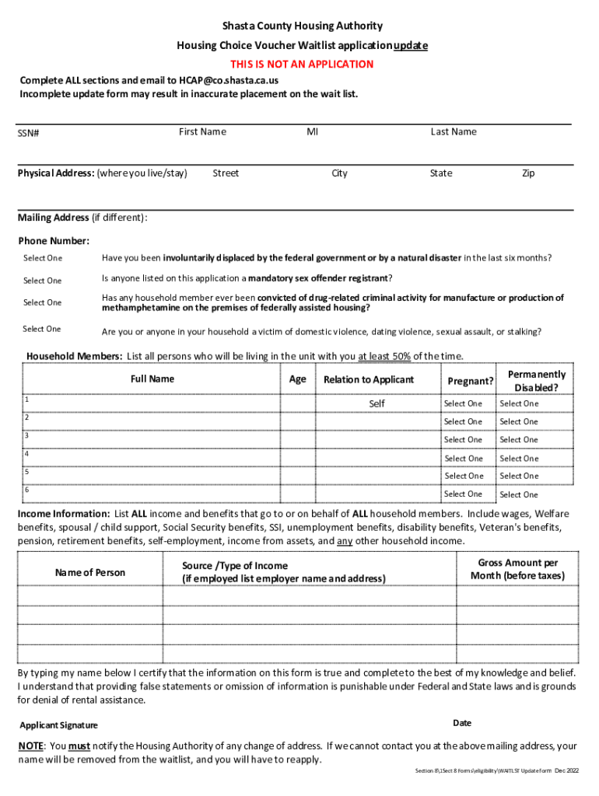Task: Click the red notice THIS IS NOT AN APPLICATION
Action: tap(301, 64)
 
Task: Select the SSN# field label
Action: tap(29, 134)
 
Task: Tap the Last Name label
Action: tap(454, 132)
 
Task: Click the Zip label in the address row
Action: tap(528, 173)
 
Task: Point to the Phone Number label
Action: tap(54, 241)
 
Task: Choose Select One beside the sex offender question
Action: tap(42, 281)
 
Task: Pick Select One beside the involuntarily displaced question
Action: tap(42, 258)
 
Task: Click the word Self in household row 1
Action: tap(377, 403)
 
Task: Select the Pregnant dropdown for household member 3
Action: tap(464, 440)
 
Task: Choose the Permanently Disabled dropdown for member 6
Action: tap(519, 494)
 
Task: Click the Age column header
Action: tap(297, 379)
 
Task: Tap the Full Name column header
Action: tap(152, 379)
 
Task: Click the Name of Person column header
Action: tap(89, 573)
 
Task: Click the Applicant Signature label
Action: tap(58, 725)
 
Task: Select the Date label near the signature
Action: tap(462, 723)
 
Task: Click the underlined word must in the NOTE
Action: tap(79, 746)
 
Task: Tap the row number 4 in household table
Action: tap(26, 453)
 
